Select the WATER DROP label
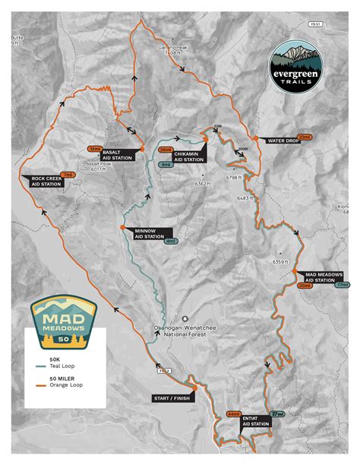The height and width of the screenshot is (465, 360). [x=278, y=140]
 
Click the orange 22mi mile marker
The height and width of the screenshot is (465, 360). [x=305, y=137]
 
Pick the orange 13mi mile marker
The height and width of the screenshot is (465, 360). [x=95, y=148]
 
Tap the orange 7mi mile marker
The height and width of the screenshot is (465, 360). [x=68, y=174]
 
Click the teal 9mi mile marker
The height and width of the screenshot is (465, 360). [x=165, y=164]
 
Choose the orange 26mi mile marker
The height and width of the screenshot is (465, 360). [x=165, y=150]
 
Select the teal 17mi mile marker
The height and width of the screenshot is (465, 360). [x=342, y=285]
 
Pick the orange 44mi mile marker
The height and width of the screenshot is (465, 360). [x=232, y=414]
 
